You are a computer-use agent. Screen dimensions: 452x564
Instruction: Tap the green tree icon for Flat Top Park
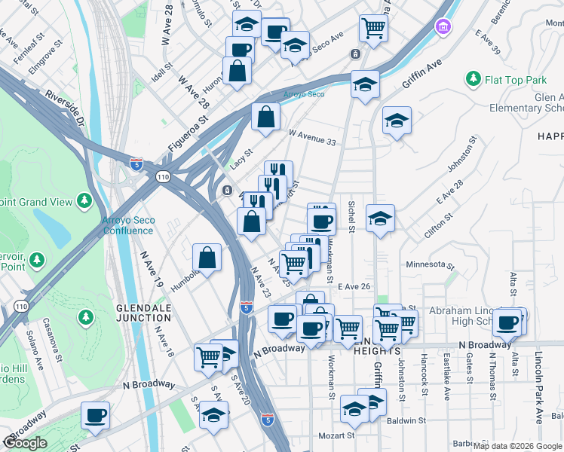point(474,78)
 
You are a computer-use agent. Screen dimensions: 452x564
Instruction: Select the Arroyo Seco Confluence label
point(127,225)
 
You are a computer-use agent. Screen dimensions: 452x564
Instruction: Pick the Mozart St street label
point(336,435)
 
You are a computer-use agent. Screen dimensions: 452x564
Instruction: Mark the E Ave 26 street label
point(354,286)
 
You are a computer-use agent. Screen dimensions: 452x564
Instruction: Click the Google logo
point(25,443)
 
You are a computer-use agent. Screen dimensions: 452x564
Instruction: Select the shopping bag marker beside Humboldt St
point(207,258)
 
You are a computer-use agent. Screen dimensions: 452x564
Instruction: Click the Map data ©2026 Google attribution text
point(517,446)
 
